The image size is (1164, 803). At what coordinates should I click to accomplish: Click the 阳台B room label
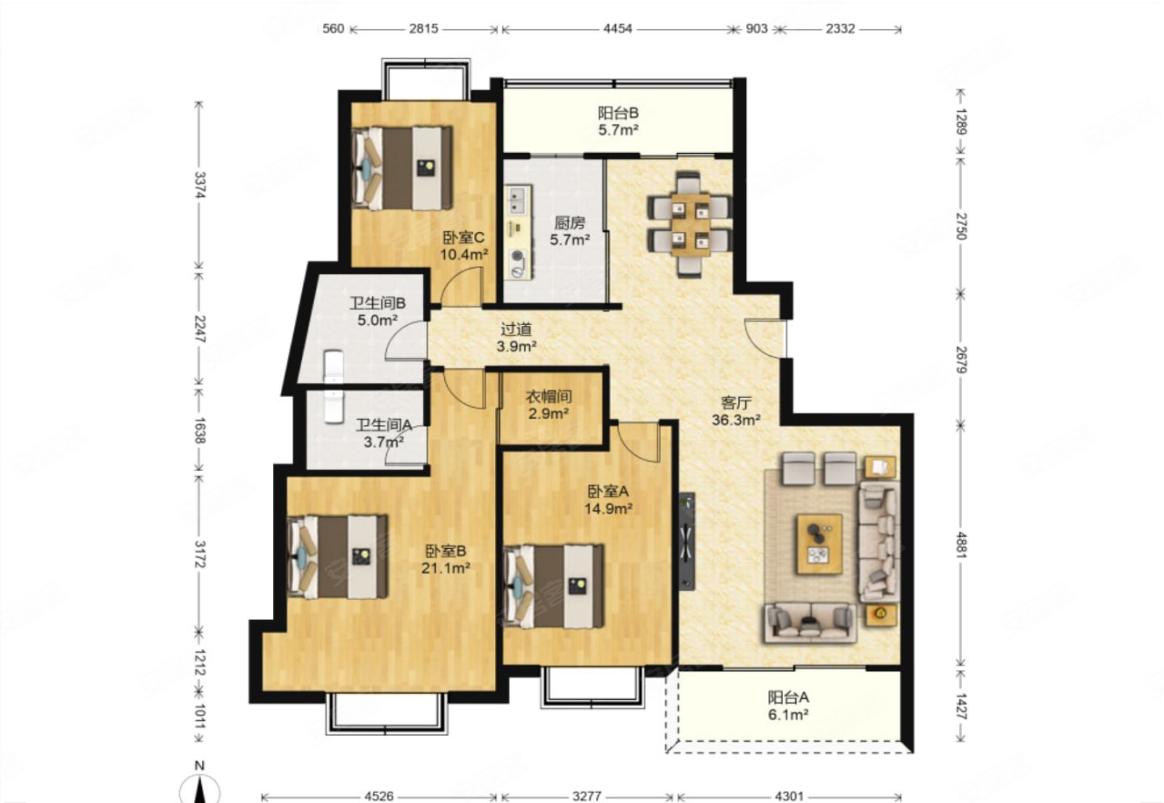[618, 113]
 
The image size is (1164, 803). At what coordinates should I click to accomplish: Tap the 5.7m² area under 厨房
[570, 240]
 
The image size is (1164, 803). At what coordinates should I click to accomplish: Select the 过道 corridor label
[516, 329]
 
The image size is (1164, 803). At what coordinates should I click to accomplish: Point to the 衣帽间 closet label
[549, 397]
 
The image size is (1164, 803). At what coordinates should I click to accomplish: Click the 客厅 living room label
[736, 402]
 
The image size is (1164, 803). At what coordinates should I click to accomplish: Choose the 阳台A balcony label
[788, 697]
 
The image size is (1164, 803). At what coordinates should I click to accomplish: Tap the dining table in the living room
[690, 225]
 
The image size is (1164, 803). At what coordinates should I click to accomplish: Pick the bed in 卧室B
[338, 556]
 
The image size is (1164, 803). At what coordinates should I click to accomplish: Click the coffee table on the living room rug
[820, 544]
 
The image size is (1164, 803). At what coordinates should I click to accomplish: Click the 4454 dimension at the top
[618, 28]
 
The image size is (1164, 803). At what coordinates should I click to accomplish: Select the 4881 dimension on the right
[960, 545]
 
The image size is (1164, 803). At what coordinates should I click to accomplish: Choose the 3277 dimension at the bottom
[587, 796]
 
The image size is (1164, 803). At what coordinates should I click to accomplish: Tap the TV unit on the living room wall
[686, 541]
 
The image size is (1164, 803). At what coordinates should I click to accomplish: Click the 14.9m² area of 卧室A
[608, 508]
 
